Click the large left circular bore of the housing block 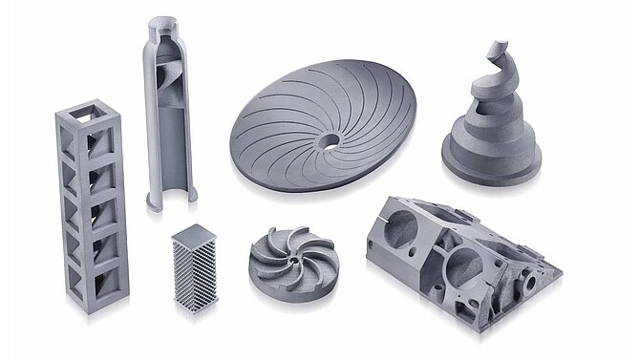pyautogui.click(x=402, y=230)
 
